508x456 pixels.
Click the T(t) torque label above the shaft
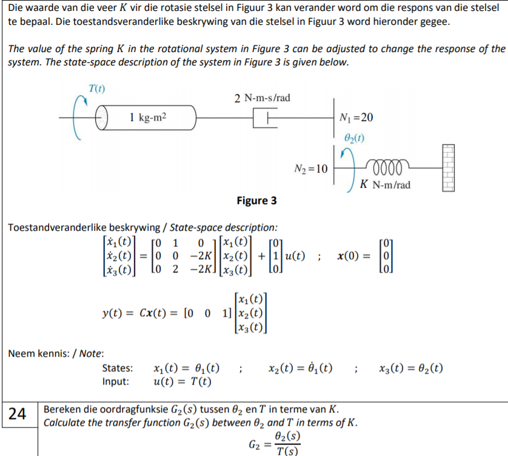coord(96,89)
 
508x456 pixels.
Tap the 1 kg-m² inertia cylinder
coord(149,117)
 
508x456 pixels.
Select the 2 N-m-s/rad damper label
coord(262,98)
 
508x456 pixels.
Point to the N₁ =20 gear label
coord(357,117)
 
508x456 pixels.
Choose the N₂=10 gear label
coord(310,168)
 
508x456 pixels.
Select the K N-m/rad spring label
coord(384,185)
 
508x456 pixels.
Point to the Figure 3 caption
coord(257,200)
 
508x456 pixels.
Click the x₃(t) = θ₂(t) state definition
coord(410,368)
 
